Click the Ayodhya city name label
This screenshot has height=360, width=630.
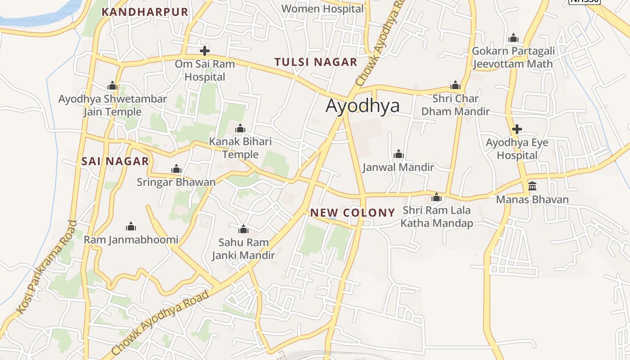click(x=362, y=106)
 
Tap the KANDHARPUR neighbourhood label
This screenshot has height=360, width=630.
click(x=144, y=12)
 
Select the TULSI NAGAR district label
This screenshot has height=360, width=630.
click(x=316, y=62)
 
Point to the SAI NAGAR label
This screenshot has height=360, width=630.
click(x=115, y=161)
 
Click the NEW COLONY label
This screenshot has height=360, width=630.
click(x=353, y=212)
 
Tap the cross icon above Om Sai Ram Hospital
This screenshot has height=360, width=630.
click(x=205, y=50)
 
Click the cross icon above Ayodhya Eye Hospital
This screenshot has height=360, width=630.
click(x=517, y=130)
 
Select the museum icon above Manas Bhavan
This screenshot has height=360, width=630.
click(x=532, y=186)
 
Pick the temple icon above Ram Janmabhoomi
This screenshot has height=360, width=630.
click(x=131, y=226)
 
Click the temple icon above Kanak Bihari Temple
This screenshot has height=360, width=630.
click(x=240, y=129)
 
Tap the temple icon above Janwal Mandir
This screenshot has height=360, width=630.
click(x=398, y=154)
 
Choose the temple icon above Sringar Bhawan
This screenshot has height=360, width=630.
click(x=176, y=169)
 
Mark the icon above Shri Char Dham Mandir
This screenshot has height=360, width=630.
click(x=455, y=85)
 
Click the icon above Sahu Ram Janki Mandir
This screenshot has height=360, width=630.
click(x=243, y=229)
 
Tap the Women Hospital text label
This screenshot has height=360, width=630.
click(x=322, y=9)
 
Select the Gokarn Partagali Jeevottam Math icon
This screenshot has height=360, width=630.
click(x=513, y=38)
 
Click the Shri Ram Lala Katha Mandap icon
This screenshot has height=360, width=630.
click(x=436, y=197)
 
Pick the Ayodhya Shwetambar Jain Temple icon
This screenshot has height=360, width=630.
click(x=112, y=85)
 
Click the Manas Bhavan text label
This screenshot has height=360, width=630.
click(x=532, y=199)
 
